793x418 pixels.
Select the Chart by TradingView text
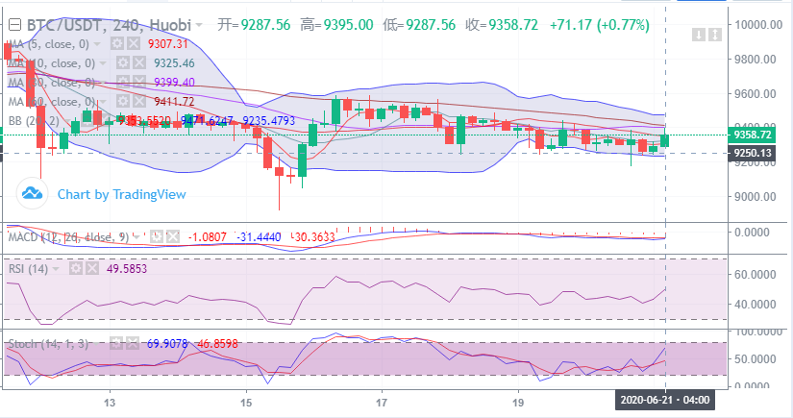[121, 194]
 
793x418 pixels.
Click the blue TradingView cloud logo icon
[34, 194]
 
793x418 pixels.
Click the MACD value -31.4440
[260, 236]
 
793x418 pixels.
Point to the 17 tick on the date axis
[382, 402]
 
